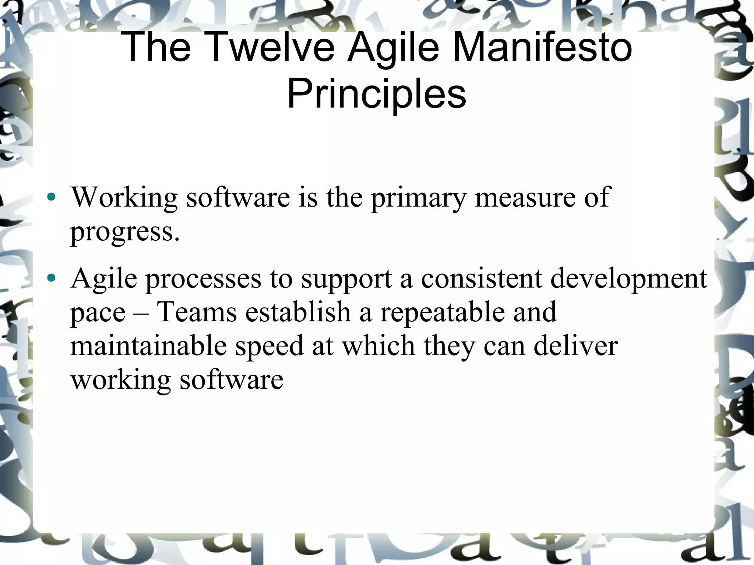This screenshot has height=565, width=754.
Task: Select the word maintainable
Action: point(148,346)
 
